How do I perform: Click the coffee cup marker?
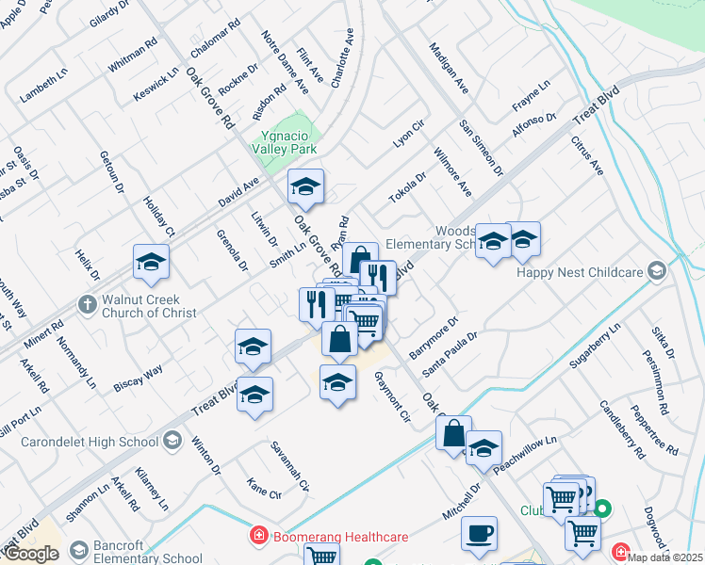(479, 534)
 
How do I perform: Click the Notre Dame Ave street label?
(286, 62)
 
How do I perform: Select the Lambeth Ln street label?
(44, 86)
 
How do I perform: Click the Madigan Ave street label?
(449, 68)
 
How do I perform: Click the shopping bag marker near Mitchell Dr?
(453, 435)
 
